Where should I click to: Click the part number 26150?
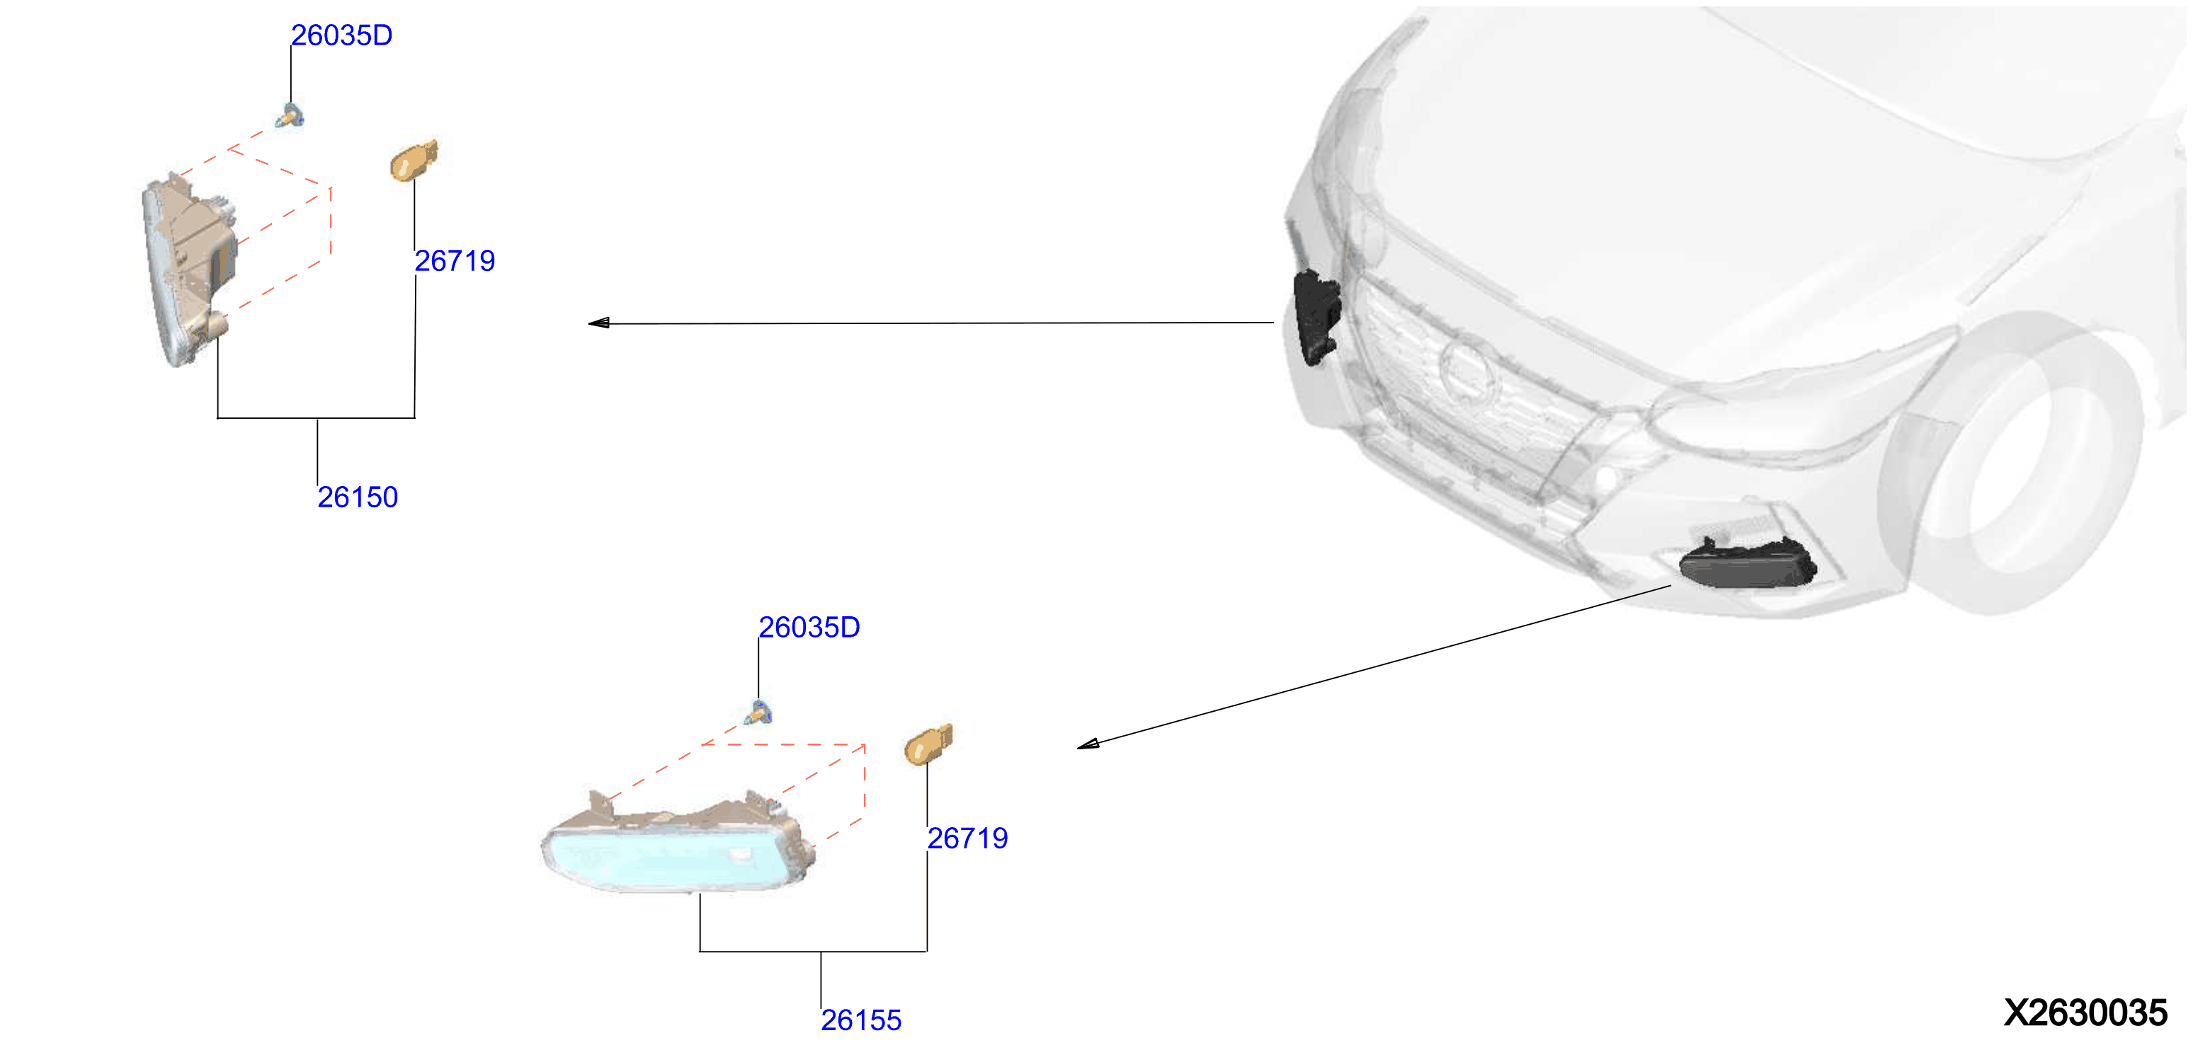pos(358,497)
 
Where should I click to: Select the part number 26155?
pos(860,1020)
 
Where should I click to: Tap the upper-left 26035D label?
pos(341,35)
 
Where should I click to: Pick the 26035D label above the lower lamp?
pos(809,627)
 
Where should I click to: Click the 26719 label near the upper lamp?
pos(455,260)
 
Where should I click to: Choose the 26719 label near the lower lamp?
pos(967,838)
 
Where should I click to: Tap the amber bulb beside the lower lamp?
pos(928,744)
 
